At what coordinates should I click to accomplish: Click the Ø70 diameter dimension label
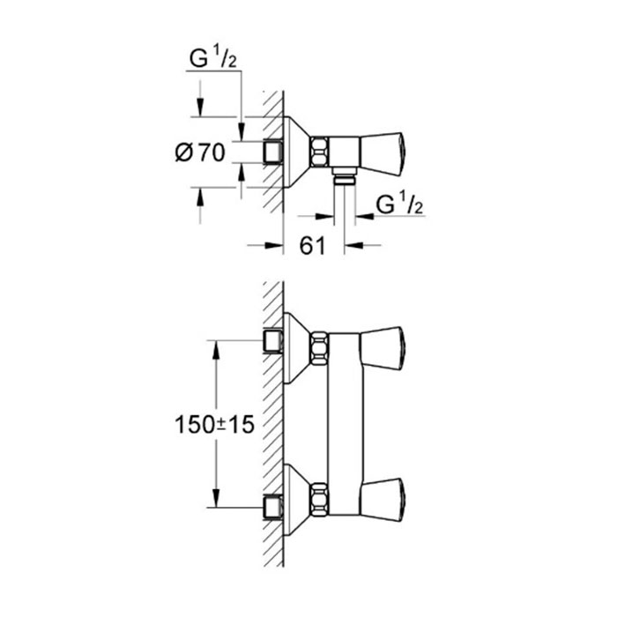coord(200,152)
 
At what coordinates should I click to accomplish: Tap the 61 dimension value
coord(312,246)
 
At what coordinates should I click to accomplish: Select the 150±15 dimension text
coord(214,425)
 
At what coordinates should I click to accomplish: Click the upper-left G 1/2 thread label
coord(213,59)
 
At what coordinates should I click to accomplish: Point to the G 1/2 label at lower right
coord(399,205)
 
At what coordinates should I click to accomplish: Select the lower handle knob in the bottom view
coord(382,500)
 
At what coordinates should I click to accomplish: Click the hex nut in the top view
coord(319,151)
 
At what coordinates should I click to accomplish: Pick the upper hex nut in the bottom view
coord(319,348)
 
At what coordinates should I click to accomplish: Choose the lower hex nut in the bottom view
coord(319,499)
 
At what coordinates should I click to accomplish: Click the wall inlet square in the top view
coord(272,152)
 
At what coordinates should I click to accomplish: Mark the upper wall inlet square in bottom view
coord(272,341)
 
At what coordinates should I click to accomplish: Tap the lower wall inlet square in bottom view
coord(272,508)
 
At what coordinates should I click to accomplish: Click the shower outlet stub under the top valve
coord(345,176)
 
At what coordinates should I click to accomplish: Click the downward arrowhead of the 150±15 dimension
coord(216,497)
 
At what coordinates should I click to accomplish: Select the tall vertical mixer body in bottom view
coord(345,424)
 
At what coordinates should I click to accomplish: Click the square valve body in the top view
coord(345,152)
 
